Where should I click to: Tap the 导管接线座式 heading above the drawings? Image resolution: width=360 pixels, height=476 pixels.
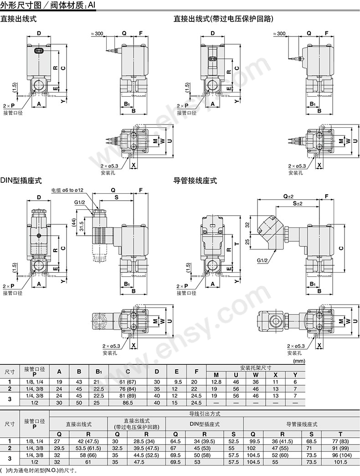pyautogui.click(x=195, y=181)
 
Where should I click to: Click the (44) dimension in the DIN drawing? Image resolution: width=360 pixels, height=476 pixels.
pyautogui.click(x=73, y=222)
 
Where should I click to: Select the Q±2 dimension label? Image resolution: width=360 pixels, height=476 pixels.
pyautogui.click(x=288, y=196)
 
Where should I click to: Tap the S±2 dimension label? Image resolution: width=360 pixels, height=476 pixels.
pyautogui.click(x=298, y=203)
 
